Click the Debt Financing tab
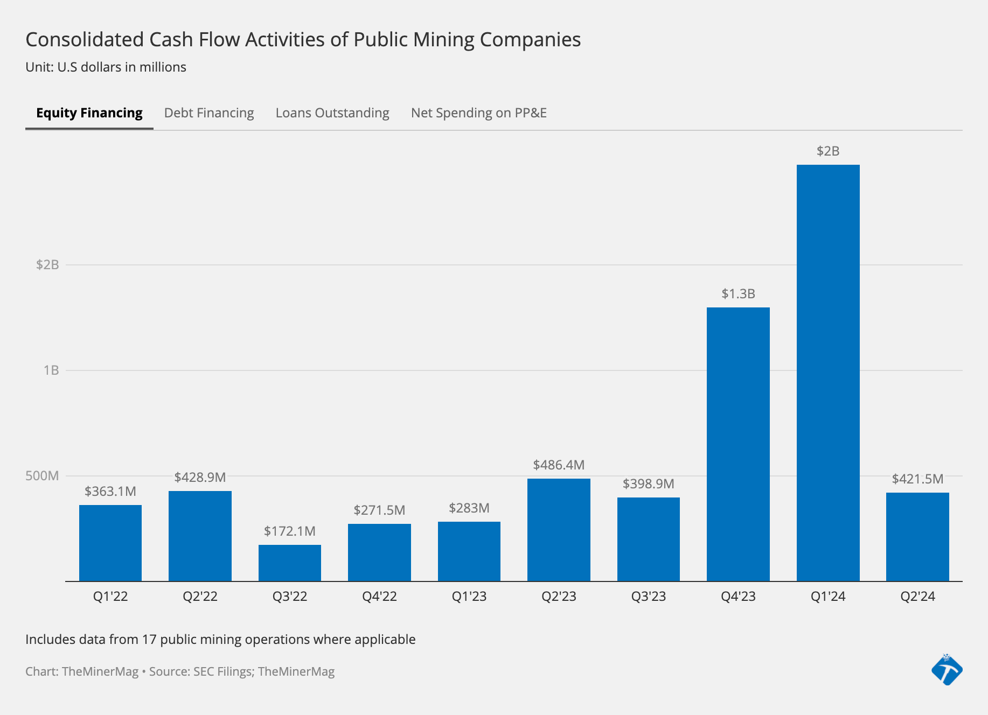click(209, 113)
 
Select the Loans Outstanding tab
click(332, 113)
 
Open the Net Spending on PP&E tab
click(478, 113)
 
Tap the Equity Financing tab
click(89, 113)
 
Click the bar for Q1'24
click(828, 373)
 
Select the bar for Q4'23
click(738, 444)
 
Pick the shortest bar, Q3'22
click(290, 563)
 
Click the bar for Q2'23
click(559, 530)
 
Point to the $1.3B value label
click(738, 294)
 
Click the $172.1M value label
click(290, 531)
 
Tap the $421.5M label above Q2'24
click(917, 479)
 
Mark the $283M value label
click(469, 508)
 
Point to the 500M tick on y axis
click(42, 476)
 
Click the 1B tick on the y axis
click(51, 370)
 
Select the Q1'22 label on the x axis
click(110, 597)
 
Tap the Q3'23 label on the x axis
click(649, 597)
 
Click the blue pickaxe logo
click(947, 670)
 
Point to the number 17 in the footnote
click(149, 640)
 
